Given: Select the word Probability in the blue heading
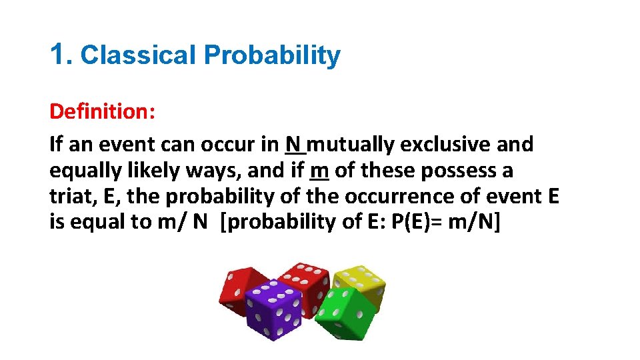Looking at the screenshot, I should [272, 56].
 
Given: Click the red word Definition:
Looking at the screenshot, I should [103, 111].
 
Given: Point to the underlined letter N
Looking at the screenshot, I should [293, 144].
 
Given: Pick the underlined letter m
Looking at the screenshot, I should [319, 171].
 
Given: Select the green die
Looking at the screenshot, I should [344, 312].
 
